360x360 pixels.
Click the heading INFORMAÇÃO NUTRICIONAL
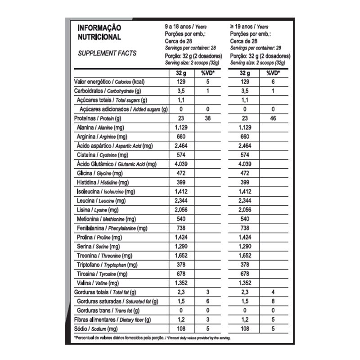pos(99,32)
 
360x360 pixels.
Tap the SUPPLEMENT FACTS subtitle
pos(107,53)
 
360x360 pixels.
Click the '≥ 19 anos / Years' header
pos(249,27)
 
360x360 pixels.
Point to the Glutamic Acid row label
pos(117,164)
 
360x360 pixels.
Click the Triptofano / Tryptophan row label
pos(108,265)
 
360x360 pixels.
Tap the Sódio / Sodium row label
pos(96,329)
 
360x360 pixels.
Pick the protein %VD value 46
pos(273,118)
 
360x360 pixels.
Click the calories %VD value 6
pos(273,82)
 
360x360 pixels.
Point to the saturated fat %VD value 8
pos(273,301)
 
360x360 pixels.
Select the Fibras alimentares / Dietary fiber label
pos(112,319)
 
